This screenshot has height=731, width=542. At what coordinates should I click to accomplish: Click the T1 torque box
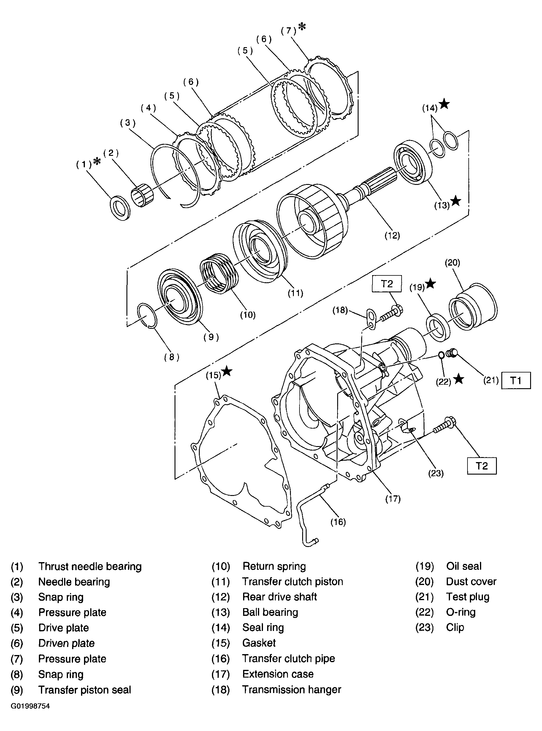point(516,380)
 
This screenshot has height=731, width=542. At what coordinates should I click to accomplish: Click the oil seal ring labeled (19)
point(438,327)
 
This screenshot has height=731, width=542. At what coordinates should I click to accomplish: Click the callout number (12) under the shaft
point(392,235)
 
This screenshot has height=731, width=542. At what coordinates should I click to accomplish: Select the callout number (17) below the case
point(393,499)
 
